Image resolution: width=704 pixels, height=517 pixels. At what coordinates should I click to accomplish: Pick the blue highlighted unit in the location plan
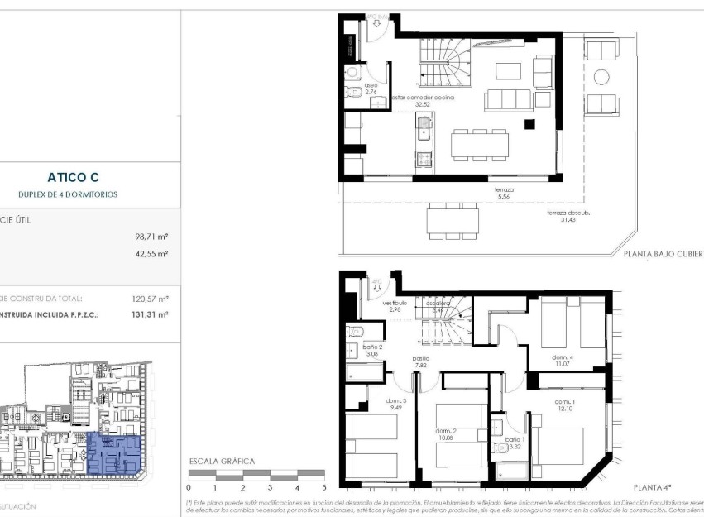pos(114,454)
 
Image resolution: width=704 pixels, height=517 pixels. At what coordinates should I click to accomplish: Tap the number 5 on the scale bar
pos(323,487)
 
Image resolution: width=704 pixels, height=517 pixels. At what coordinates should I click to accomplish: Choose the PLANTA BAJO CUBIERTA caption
pos(662,256)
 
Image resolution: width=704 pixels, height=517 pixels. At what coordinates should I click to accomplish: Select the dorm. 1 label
pos(565,402)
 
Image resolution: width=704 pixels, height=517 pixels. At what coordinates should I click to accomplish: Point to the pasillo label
pos(421,359)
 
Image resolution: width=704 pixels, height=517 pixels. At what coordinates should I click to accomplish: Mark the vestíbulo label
pos(394,304)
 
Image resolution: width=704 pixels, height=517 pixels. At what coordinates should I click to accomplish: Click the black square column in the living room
pos(529,124)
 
